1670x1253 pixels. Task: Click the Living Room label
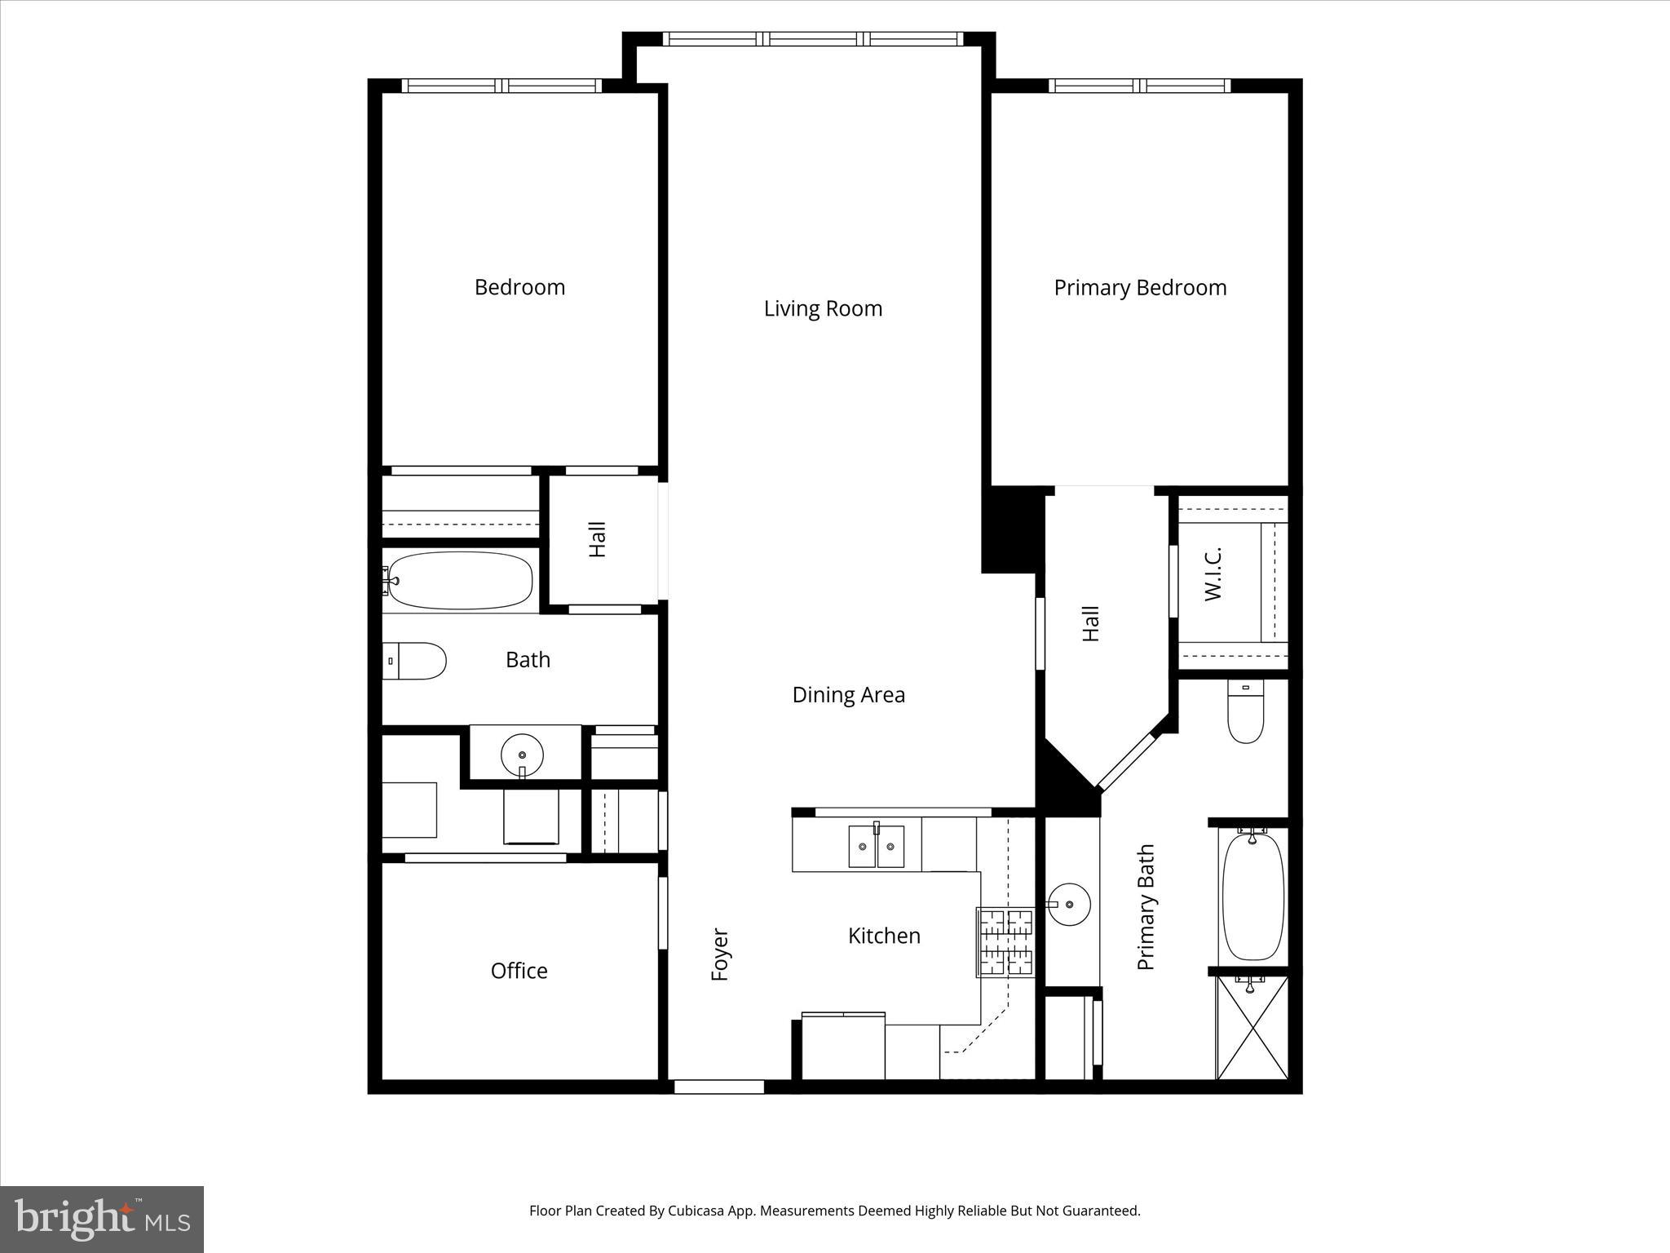(823, 308)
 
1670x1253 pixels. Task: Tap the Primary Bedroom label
(1139, 287)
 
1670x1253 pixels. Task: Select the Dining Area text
(848, 694)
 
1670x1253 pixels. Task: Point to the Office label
(519, 970)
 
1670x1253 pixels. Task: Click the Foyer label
(719, 954)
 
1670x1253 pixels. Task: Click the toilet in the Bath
(417, 661)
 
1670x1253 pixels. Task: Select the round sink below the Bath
(522, 752)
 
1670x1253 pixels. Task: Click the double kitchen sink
(876, 847)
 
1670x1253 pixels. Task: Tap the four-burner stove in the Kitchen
(1006, 942)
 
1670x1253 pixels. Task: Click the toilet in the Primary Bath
(1245, 712)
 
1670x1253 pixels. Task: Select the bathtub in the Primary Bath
(1253, 896)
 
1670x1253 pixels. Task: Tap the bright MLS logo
(102, 1219)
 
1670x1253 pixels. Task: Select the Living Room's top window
(813, 38)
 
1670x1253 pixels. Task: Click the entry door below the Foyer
(718, 1087)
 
